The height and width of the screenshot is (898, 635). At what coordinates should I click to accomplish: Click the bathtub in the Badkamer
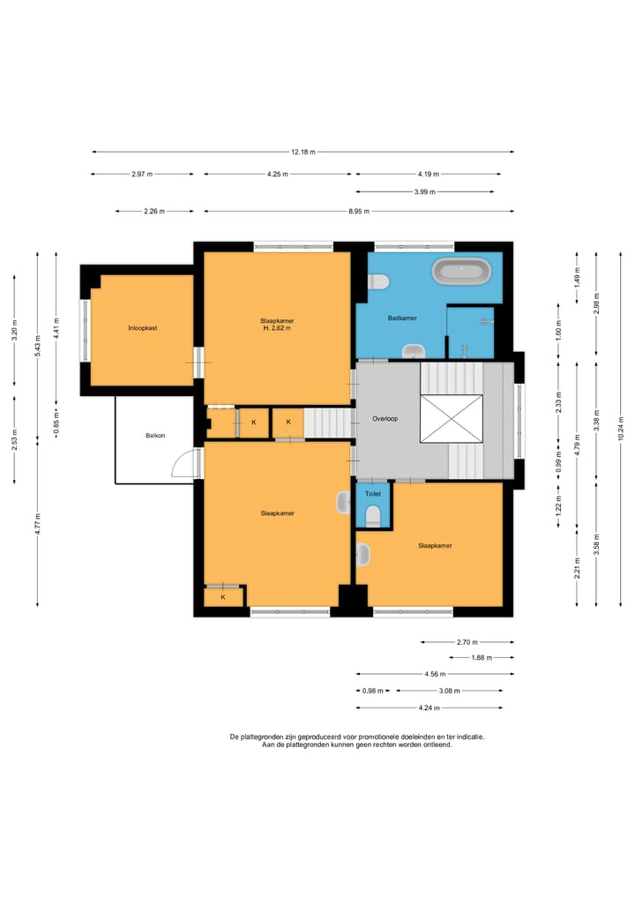[x=461, y=271]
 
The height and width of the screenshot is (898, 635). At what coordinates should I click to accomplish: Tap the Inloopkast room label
[x=143, y=328]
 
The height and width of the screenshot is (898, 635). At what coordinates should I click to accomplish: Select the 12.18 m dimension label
[x=303, y=152]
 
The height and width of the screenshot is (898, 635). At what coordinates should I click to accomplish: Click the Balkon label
[x=155, y=435]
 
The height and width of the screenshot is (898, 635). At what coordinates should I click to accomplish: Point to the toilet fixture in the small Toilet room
[x=373, y=515]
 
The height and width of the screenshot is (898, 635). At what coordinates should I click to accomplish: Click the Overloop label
[x=385, y=419]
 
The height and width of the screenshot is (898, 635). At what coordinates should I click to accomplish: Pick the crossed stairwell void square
[x=452, y=419]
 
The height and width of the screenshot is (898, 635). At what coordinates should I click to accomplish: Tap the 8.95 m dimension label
[x=359, y=212]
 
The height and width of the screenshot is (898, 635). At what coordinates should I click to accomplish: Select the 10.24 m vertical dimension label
[x=621, y=429]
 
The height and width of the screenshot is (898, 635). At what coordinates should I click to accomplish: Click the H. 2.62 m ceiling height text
[x=277, y=328]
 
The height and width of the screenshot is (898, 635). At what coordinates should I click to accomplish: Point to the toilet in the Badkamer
[x=379, y=281]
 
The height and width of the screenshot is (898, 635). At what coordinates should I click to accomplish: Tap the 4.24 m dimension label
[x=429, y=707]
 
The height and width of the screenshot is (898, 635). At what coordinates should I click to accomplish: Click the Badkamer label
[x=402, y=318]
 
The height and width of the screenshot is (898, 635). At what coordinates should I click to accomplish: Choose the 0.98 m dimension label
[x=373, y=691]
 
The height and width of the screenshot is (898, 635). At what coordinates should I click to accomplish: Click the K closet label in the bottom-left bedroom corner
[x=223, y=597]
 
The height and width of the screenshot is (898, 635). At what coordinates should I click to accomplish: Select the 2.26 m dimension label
[x=154, y=212]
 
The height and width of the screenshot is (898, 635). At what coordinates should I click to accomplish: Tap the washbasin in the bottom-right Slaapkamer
[x=363, y=554]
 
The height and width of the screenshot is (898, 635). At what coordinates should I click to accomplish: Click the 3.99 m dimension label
[x=425, y=191]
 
